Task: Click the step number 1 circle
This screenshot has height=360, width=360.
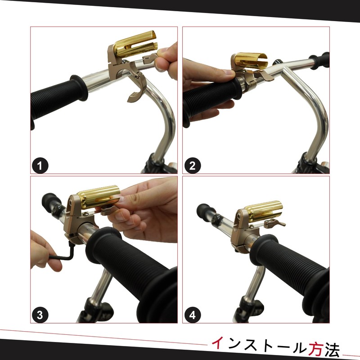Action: pos(40,166)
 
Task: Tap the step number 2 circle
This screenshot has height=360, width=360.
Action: pos(193,166)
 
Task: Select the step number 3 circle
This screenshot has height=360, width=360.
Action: pos(40,315)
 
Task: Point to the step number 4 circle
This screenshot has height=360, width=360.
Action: pos(193,315)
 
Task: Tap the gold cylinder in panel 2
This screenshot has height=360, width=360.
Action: pos(252,61)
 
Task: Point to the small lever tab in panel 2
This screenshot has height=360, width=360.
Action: pos(264,75)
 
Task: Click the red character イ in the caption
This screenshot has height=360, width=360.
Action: pos(217,343)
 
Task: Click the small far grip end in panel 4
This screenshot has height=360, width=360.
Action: pos(205,212)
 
